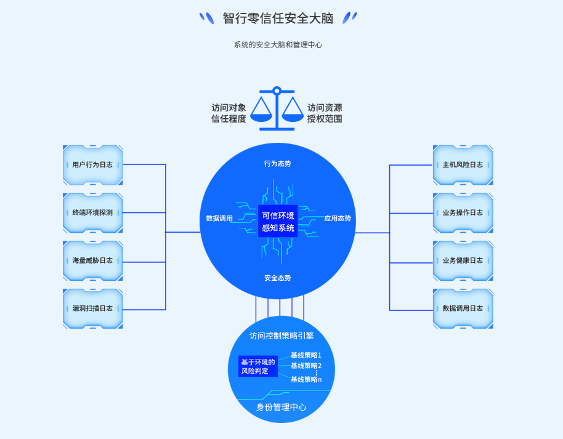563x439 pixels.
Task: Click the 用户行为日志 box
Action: tap(92, 165)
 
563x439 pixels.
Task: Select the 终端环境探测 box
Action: tap(92, 212)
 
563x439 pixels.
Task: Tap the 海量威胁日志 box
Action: tap(92, 260)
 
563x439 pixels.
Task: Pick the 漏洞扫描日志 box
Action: tap(92, 308)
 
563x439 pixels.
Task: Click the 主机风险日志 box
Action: tap(463, 165)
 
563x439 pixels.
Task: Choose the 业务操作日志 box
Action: tap(463, 212)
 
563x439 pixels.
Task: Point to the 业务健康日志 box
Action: tap(463, 260)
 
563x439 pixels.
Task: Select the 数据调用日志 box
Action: tap(463, 308)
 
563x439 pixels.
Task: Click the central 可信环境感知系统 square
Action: tap(278, 222)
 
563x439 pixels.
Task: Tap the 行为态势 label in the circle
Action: tap(277, 164)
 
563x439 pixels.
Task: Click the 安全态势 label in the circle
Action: tap(277, 278)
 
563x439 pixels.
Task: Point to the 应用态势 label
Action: tap(338, 219)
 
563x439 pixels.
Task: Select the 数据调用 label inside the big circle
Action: tap(219, 219)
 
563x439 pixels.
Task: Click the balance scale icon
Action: tap(277, 109)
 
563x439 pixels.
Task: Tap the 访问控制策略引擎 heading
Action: tap(281, 336)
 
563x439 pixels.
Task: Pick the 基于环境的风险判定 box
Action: tap(258, 366)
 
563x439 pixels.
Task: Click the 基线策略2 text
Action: tap(306, 366)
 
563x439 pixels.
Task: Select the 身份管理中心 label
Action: tap(281, 407)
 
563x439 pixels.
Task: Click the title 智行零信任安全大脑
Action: tap(278, 18)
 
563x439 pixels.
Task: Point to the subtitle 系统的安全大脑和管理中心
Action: tap(278, 45)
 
